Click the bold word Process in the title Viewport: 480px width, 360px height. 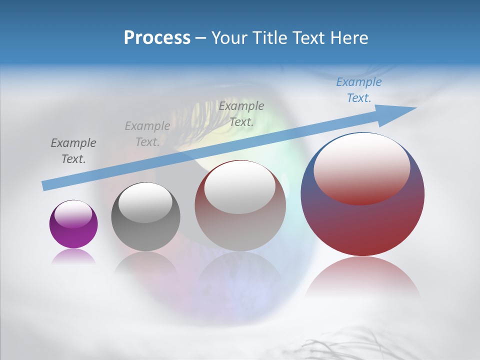(157, 38)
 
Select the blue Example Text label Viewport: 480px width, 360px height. (358, 90)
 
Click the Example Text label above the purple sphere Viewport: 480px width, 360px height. (73, 151)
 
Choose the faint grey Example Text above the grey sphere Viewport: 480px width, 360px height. (147, 134)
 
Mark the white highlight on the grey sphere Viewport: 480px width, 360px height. (145, 202)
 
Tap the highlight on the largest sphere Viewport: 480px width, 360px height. (361, 169)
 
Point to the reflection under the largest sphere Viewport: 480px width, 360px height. (362, 277)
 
